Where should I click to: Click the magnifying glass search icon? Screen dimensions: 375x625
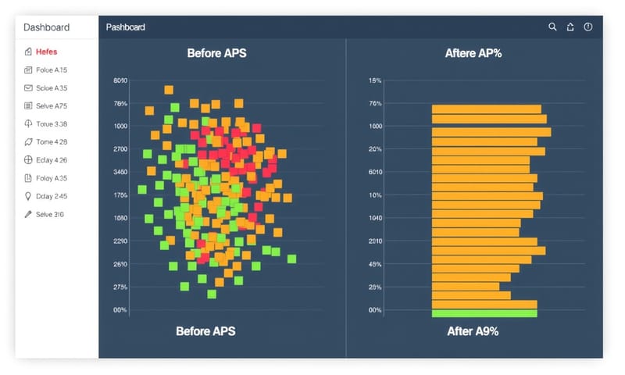pyautogui.click(x=552, y=27)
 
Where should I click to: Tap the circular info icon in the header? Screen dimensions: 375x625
pyautogui.click(x=588, y=27)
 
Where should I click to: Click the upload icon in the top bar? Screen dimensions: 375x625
pyautogui.click(x=570, y=27)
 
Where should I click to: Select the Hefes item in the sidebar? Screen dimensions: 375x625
pyautogui.click(x=46, y=52)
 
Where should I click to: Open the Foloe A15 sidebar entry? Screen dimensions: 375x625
pyautogui.click(x=52, y=70)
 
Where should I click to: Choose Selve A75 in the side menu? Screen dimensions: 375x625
pyautogui.click(x=52, y=105)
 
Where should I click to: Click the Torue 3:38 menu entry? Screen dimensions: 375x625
pyautogui.click(x=52, y=123)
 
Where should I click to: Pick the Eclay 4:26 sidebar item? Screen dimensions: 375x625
pyautogui.click(x=52, y=160)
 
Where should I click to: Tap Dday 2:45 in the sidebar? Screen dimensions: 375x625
pyautogui.click(x=52, y=196)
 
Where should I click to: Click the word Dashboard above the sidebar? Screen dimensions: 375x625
pyautogui.click(x=46, y=27)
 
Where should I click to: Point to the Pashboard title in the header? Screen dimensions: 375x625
pyautogui.click(x=126, y=27)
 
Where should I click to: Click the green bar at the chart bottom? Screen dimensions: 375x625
pyautogui.click(x=484, y=313)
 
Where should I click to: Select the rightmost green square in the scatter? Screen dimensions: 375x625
pyautogui.click(x=291, y=259)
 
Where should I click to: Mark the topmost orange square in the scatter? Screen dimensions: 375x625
pyautogui.click(x=169, y=90)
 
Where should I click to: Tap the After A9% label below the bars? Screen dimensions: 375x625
pyautogui.click(x=473, y=331)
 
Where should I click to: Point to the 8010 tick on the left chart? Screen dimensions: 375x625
pyautogui.click(x=120, y=80)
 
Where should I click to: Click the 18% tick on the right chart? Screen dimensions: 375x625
pyautogui.click(x=375, y=80)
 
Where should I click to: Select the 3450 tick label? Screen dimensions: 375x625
pyautogui.click(x=120, y=172)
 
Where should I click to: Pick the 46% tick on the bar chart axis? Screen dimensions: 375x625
pyautogui.click(x=375, y=264)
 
